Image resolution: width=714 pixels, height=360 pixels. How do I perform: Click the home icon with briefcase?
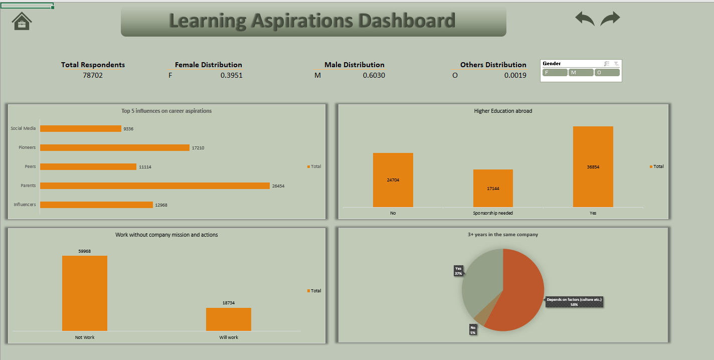pos(22,21)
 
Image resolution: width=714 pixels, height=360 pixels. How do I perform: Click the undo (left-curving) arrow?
pos(585,19)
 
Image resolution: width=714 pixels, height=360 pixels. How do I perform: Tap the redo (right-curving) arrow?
pos(610,19)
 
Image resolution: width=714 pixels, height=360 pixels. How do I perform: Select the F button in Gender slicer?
pos(555,73)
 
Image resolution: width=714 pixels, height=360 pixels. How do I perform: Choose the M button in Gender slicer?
pos(581,73)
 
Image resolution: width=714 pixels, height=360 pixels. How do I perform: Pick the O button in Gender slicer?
pos(607,73)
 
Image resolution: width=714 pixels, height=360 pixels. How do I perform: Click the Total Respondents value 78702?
pos(93,76)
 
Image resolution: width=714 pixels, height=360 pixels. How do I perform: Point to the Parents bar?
pos(154,186)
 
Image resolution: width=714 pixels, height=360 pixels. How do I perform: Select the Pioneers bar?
pos(114,147)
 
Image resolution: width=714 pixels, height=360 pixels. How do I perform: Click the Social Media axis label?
pos(23,128)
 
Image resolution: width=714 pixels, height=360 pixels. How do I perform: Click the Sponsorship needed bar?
pos(493,188)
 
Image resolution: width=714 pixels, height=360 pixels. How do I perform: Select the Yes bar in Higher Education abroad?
pos(593,166)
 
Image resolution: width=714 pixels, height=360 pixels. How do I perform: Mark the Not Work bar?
pos(85,293)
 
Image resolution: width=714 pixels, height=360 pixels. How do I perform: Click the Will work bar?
pos(228,319)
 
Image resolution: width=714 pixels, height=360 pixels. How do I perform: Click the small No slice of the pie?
pos(480,317)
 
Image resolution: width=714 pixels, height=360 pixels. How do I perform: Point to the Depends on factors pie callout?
pos(574,302)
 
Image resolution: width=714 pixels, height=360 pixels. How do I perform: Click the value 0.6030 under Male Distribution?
pos(374,76)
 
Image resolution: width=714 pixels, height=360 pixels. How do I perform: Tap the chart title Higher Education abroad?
pos(503,111)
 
